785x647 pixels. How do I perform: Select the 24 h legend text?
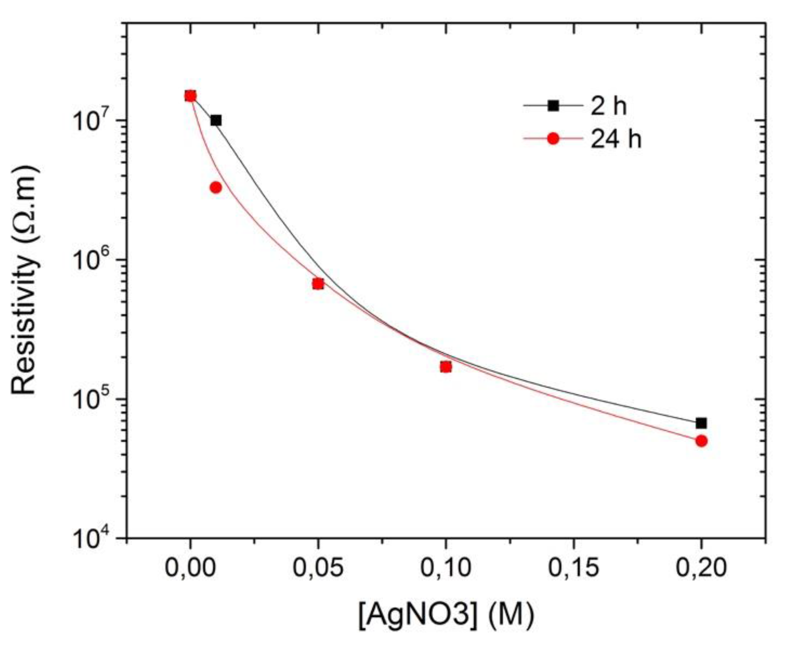pyautogui.click(x=616, y=139)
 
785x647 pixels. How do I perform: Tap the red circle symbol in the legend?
pyautogui.click(x=553, y=139)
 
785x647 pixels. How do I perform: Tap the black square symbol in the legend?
pyautogui.click(x=553, y=106)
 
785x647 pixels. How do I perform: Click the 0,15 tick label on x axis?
pyautogui.click(x=573, y=568)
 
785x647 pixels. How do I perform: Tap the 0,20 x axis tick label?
pyautogui.click(x=701, y=568)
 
